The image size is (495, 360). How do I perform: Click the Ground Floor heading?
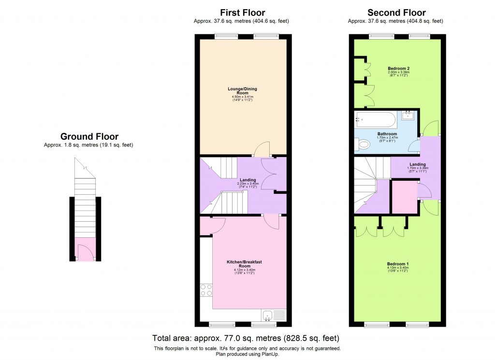click(89, 137)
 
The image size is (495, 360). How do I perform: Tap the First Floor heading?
click(242, 13)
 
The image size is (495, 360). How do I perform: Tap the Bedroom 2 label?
click(398, 69)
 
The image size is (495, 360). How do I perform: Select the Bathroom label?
click(387, 134)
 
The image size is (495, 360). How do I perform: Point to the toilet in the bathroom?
click(360, 144)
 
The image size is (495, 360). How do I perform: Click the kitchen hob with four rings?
click(206, 289)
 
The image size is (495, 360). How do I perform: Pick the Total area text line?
click(246, 338)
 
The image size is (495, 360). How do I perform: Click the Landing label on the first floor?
click(248, 180)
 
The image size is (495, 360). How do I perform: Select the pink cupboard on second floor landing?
click(405, 197)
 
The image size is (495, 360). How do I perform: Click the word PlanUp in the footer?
click(269, 354)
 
